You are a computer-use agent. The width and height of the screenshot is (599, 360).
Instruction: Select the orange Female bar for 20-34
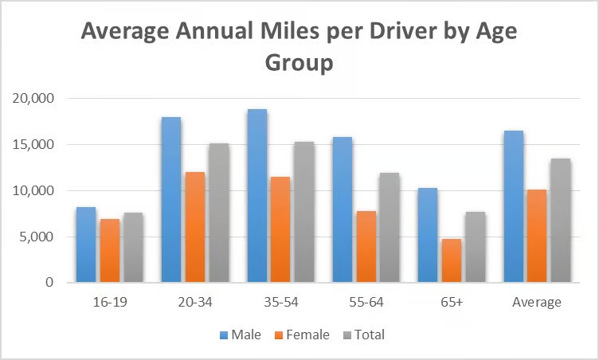[x=194, y=227]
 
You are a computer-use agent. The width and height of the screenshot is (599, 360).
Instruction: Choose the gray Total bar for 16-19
[x=132, y=247]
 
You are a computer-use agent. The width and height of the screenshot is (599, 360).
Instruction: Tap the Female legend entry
[x=300, y=335]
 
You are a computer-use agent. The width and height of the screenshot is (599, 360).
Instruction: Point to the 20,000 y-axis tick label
[x=33, y=98]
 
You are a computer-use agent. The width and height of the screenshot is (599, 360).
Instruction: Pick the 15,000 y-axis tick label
[x=33, y=144]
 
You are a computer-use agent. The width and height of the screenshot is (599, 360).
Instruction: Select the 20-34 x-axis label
[x=195, y=303]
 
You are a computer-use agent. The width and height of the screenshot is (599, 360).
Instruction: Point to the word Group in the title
[x=299, y=63]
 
